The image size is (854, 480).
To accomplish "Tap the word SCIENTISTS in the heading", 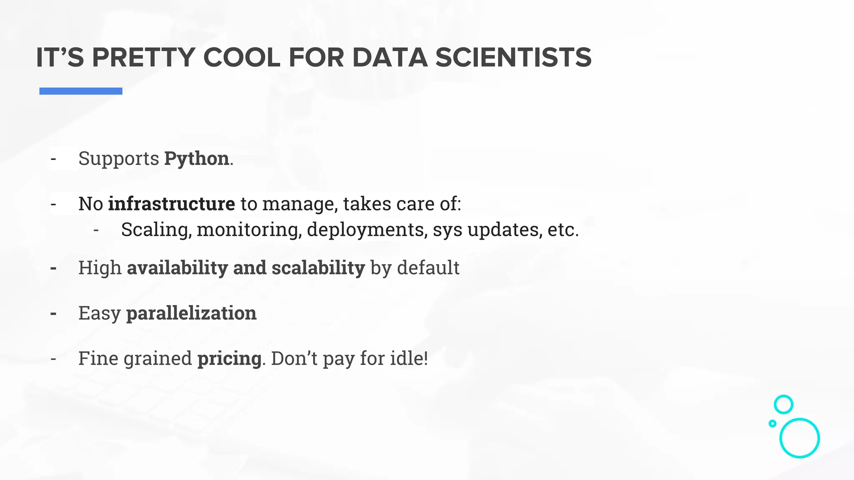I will coord(513,57).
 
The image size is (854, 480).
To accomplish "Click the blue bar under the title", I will coord(81,91).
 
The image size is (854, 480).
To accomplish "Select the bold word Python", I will coord(196,159).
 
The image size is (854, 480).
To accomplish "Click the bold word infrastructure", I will coord(171,204).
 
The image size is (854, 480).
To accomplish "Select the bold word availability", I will coord(177,267).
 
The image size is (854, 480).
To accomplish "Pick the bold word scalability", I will coord(318,267).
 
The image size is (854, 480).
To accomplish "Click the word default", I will coord(428,267).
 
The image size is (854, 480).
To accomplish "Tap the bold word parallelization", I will coord(191,313).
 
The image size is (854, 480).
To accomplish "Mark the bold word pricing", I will coord(229,358).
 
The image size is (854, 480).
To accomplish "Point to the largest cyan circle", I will coord(799,438).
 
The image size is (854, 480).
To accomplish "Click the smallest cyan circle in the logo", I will coord(772,423).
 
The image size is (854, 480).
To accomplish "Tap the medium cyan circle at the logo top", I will coord(784,404).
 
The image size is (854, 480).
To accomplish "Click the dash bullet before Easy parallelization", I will coord(53,313).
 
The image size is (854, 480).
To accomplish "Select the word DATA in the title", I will coord(390,57).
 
